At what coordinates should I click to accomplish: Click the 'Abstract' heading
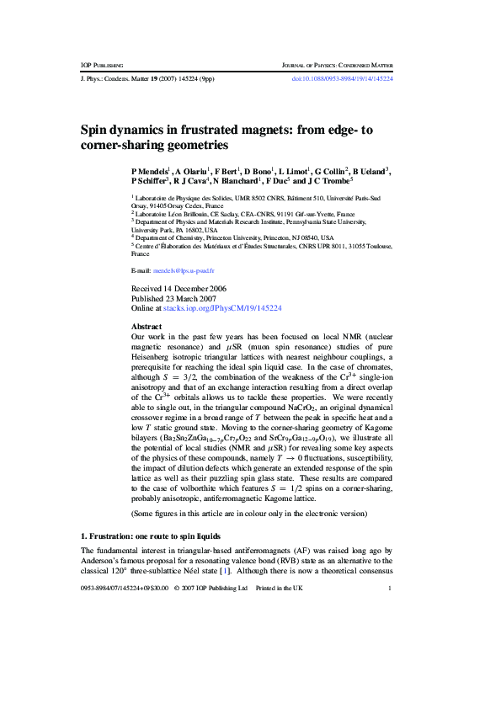[147, 326]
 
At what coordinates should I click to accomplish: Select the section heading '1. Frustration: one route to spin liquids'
[150, 536]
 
